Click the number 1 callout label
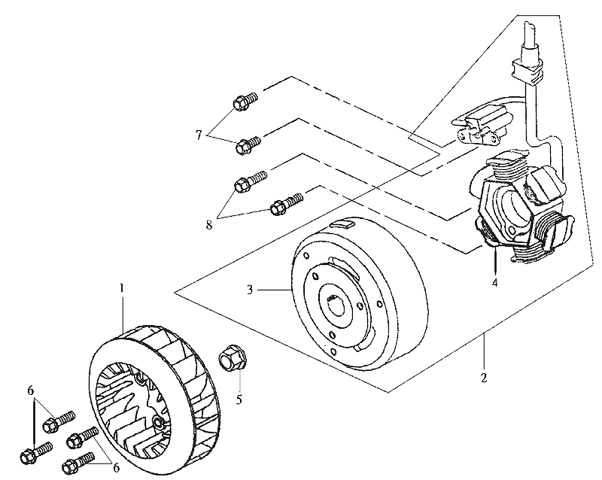click(121, 288)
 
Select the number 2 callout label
click(484, 375)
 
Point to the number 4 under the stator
click(494, 284)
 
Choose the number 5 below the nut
click(239, 399)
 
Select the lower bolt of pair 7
click(247, 144)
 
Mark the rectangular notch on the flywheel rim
click(343, 224)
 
